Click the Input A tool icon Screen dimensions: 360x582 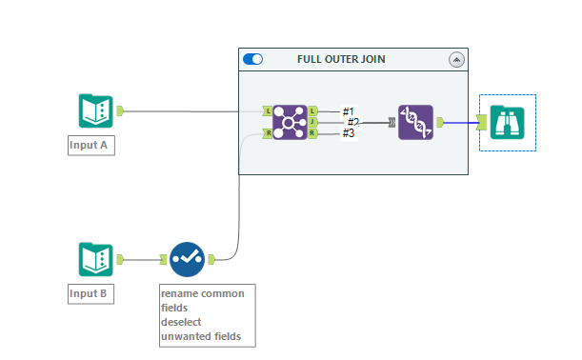tap(95, 110)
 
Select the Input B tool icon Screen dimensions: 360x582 tap(95, 258)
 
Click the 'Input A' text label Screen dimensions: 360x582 tap(91, 146)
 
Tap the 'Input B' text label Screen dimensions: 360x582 tap(91, 293)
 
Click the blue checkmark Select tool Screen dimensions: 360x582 tap(187, 258)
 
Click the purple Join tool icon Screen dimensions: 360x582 tap(290, 122)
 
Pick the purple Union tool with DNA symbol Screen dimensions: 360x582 tap(415, 122)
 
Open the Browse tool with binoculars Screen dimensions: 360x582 tap(508, 122)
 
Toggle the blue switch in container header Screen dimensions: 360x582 tap(253, 59)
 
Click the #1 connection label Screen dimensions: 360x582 tap(349, 111)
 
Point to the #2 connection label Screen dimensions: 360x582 tap(352, 122)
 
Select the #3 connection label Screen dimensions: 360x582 tap(349, 133)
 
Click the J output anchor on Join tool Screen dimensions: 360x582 tap(312, 122)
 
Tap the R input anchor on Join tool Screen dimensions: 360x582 tap(268, 133)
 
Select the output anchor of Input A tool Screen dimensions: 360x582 tap(120, 110)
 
